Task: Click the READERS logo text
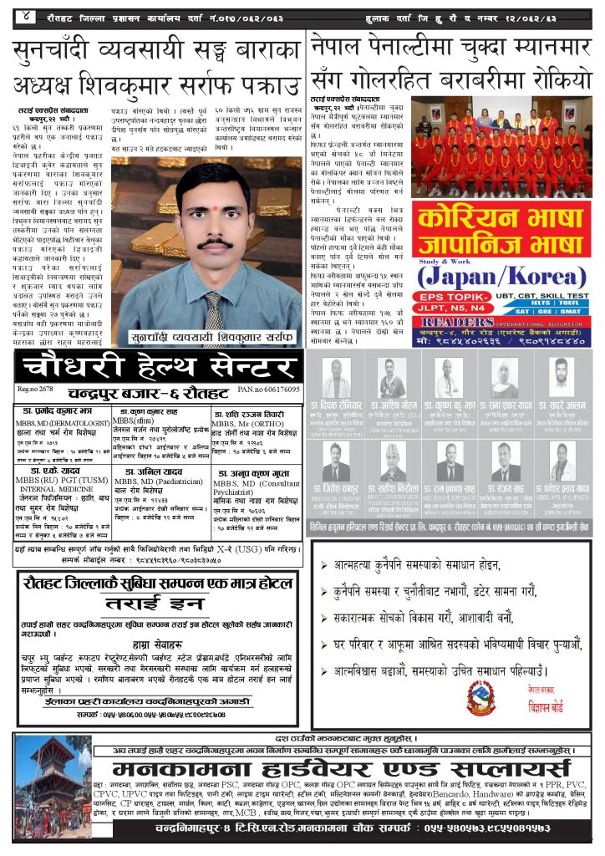455,321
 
